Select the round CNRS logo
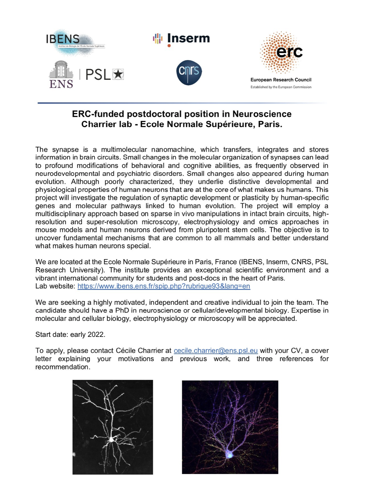pyautogui.click(x=189, y=72)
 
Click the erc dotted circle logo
pyautogui.click(x=281, y=53)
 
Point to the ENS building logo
pyautogui.click(x=61, y=74)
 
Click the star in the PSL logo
pyautogui.click(x=118, y=74)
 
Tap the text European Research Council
pyautogui.click(x=281, y=80)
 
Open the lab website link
pyautogui.click(x=164, y=286)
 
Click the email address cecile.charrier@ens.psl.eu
pyautogui.click(x=216, y=351)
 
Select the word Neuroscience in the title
pyautogui.click(x=262, y=114)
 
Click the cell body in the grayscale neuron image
pyautogui.click(x=111, y=440)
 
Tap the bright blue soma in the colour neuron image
pyautogui.click(x=229, y=455)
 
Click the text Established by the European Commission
pyautogui.click(x=281, y=87)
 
